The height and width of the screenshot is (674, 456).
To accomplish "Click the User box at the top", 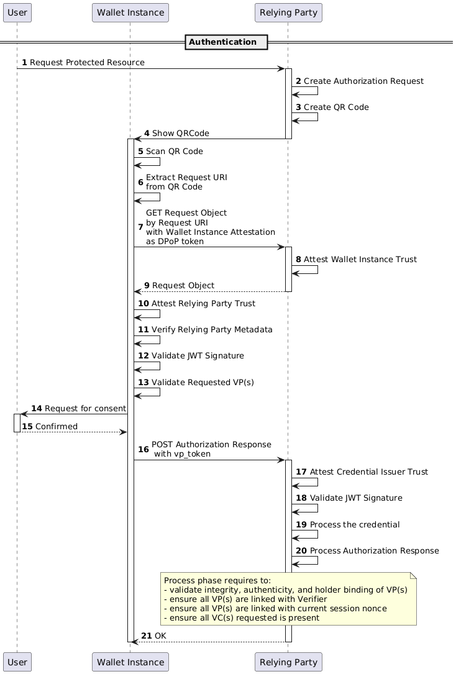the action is point(17,12).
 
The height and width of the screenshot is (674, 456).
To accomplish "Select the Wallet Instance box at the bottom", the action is point(130,662).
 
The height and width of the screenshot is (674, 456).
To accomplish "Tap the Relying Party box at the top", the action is point(288,12).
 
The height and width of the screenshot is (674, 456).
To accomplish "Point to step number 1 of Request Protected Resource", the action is point(24,63).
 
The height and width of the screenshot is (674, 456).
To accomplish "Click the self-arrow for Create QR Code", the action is point(304,117).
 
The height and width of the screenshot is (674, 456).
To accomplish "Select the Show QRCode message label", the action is point(181,134).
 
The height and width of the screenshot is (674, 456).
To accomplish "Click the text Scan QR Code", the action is point(174,152).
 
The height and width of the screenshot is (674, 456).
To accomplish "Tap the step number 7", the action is point(140,227).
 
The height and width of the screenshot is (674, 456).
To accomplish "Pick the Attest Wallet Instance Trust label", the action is point(360,259).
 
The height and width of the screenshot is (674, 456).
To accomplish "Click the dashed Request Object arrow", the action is point(210,291).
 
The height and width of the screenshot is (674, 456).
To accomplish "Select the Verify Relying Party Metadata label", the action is point(212,330).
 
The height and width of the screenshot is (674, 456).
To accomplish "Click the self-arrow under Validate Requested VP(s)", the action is point(147,392).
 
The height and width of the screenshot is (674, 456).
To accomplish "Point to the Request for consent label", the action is point(85,408).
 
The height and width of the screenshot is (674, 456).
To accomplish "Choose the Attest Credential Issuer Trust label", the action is point(369,472).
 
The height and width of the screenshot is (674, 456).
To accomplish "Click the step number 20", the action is point(301,550).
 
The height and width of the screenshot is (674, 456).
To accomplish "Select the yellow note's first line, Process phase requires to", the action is point(217,581).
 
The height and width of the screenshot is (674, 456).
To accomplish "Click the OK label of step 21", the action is point(160,635).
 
